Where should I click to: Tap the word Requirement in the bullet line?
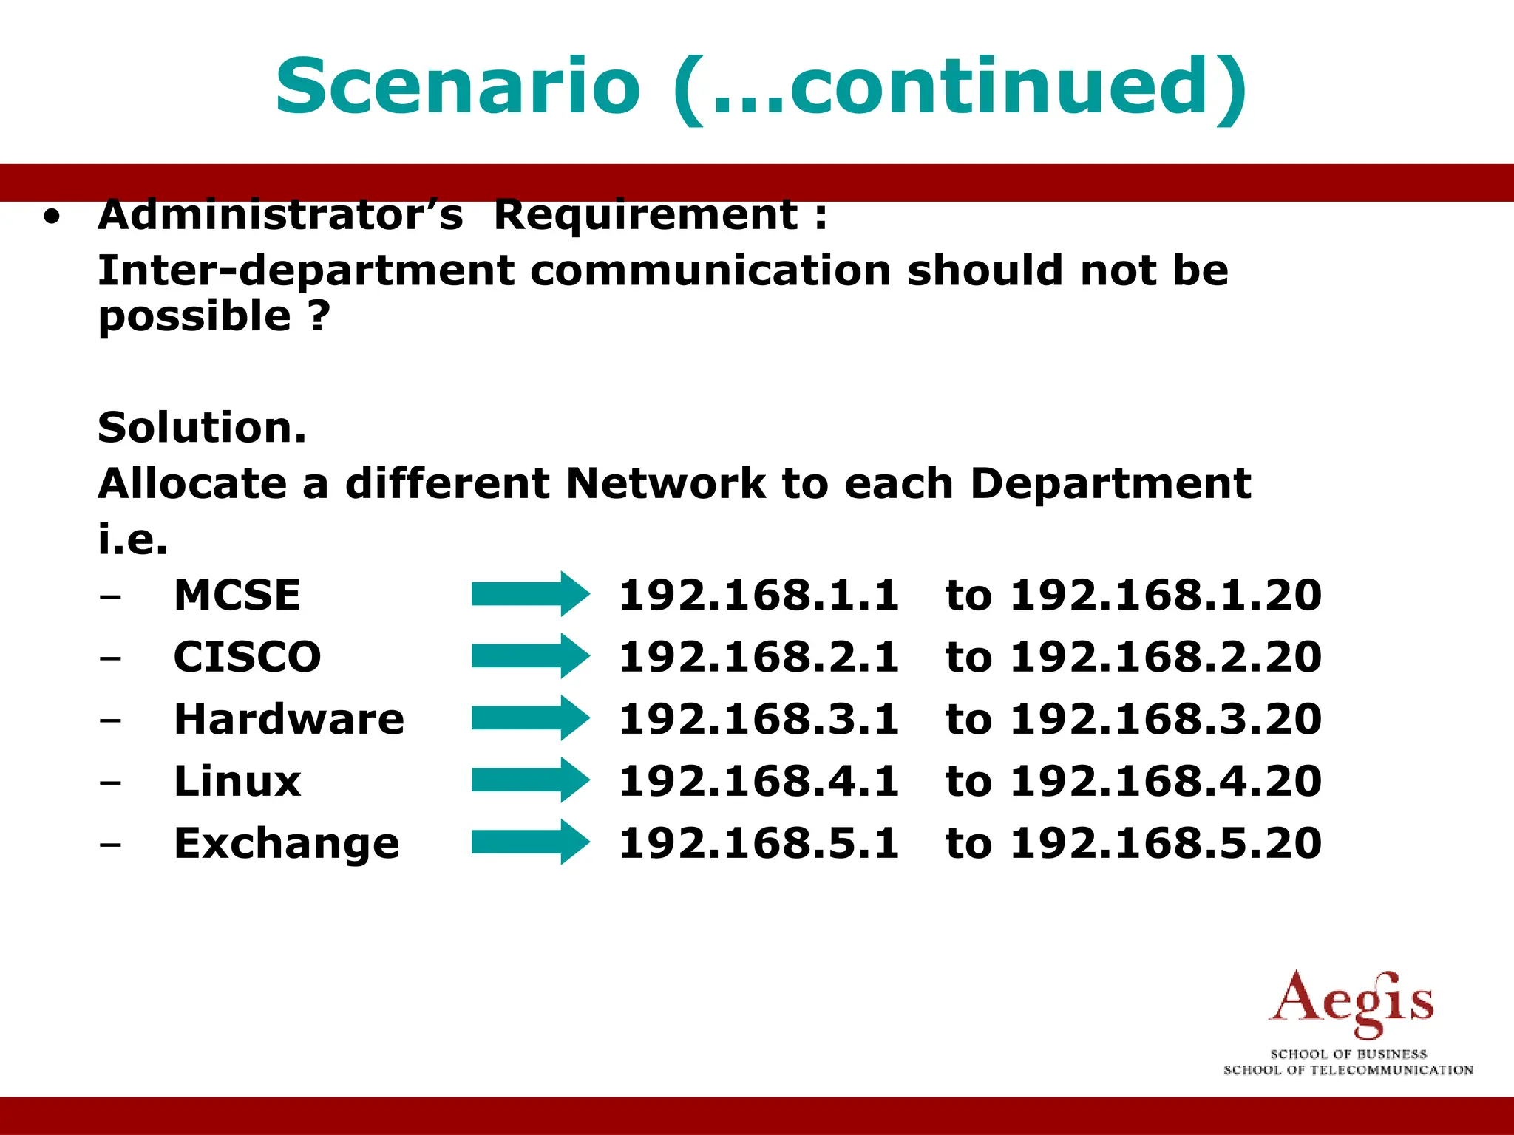point(645,216)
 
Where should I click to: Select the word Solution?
point(201,428)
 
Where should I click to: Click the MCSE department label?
point(237,595)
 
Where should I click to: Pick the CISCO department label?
point(248,657)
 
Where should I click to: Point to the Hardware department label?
point(289,719)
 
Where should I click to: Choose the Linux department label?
point(237,781)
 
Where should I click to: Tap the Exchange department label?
point(287,843)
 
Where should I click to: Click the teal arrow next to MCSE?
point(530,594)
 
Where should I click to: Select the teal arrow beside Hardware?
point(530,718)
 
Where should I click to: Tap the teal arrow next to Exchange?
point(530,842)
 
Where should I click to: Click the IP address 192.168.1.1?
point(758,595)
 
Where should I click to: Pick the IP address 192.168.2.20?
point(1166,657)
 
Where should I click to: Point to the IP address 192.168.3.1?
point(758,719)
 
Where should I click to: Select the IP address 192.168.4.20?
point(1166,781)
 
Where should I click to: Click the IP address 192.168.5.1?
point(758,843)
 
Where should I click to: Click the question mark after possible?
point(319,316)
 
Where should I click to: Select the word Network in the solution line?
point(665,484)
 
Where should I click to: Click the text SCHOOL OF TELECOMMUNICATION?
point(1348,1070)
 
